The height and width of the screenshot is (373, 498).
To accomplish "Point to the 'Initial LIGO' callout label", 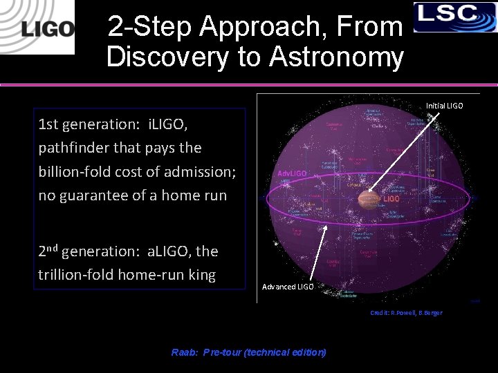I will click(x=444, y=106).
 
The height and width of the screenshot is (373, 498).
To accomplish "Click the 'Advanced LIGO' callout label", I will click(x=287, y=287).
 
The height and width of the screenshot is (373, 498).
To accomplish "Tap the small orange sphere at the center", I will click(x=369, y=199).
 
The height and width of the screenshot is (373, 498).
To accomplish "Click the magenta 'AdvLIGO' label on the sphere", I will click(x=292, y=173).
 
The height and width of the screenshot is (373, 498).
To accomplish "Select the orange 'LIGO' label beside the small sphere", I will click(x=392, y=199).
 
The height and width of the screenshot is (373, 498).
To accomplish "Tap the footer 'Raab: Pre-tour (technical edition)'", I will click(x=248, y=352).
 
